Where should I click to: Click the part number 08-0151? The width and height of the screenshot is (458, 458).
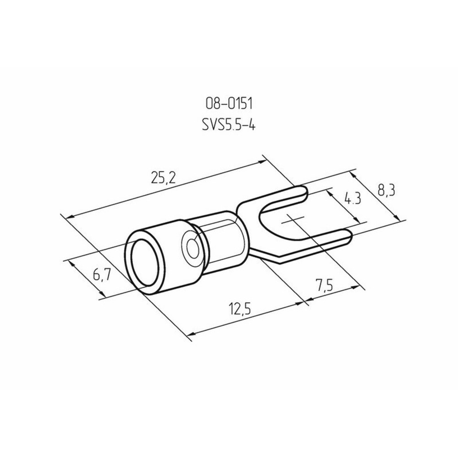tap(229, 104)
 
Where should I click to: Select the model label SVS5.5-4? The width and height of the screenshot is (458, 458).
tap(229, 125)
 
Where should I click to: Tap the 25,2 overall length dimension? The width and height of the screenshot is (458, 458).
tap(164, 178)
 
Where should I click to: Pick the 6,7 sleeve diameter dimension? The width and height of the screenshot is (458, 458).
tap(102, 275)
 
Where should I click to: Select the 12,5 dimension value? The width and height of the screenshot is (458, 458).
tap(240, 309)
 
